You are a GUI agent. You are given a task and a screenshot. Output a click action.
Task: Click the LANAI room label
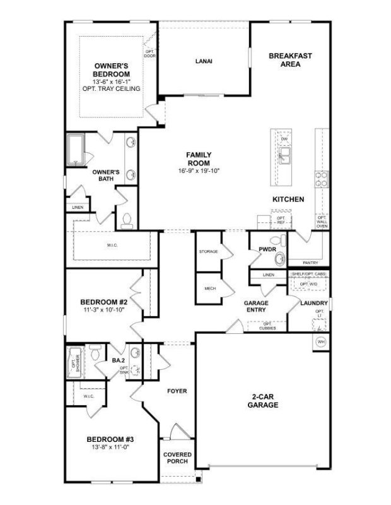click(x=204, y=61)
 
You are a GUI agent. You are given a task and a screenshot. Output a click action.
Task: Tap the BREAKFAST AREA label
click(x=290, y=60)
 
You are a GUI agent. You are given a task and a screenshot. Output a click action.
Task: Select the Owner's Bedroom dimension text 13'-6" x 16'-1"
click(x=111, y=81)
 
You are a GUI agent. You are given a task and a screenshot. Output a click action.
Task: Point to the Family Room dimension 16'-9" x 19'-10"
click(x=199, y=170)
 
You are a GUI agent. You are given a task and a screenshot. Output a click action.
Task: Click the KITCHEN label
click(x=288, y=199)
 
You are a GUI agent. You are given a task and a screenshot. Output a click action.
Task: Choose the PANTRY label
click(x=310, y=263)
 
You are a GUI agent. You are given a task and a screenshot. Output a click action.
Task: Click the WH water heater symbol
click(x=320, y=342)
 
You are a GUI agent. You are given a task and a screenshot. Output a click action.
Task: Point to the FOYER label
click(x=177, y=391)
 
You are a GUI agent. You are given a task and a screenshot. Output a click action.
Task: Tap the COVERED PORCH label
click(x=177, y=458)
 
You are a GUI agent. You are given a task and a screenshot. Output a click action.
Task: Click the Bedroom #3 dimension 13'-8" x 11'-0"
click(x=110, y=446)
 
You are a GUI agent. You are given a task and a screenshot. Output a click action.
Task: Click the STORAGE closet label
click(x=208, y=251)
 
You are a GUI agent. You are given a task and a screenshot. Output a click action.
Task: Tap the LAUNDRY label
click(x=313, y=303)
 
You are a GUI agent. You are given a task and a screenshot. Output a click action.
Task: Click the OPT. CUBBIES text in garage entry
click(x=267, y=326)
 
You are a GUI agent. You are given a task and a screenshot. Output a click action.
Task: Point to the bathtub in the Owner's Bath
click(x=78, y=149)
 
